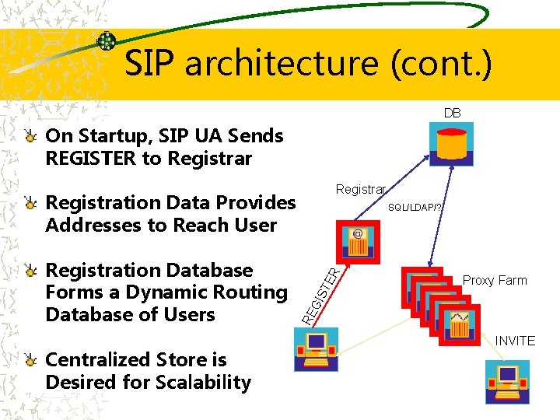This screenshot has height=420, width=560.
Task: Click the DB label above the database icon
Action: click(452, 114)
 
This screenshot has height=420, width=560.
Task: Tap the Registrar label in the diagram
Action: click(360, 190)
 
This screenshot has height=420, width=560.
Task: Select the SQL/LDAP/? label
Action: click(416, 208)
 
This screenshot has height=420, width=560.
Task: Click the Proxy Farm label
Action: click(495, 281)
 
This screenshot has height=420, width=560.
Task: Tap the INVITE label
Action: click(515, 341)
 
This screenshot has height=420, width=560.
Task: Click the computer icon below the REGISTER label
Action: click(316, 349)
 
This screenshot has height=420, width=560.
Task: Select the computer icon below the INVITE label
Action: click(506, 381)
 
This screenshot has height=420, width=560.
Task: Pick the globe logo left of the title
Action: click(107, 41)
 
